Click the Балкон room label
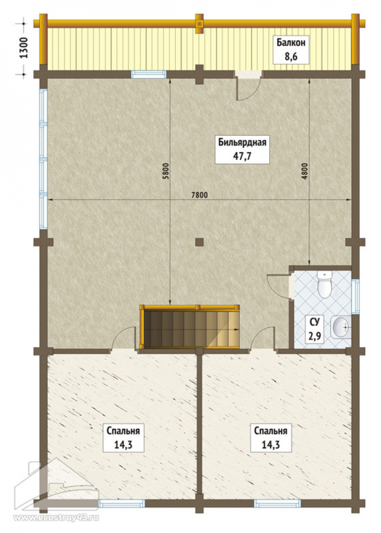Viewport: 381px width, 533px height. click(x=290, y=49)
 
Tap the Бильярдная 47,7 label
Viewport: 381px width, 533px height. click(x=242, y=149)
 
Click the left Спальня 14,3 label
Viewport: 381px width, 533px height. click(x=123, y=437)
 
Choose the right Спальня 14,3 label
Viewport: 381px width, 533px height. click(x=271, y=437)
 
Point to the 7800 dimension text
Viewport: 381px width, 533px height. click(x=199, y=195)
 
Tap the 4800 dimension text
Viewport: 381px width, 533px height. click(x=304, y=172)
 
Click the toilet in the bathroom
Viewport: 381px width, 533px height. click(x=324, y=285)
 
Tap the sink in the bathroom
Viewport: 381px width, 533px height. click(x=341, y=328)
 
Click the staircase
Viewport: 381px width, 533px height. click(x=189, y=327)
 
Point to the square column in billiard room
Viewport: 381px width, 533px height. click(x=199, y=241)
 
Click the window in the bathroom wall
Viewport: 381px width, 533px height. click(x=355, y=296)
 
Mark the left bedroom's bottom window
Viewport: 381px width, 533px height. click(x=121, y=503)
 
